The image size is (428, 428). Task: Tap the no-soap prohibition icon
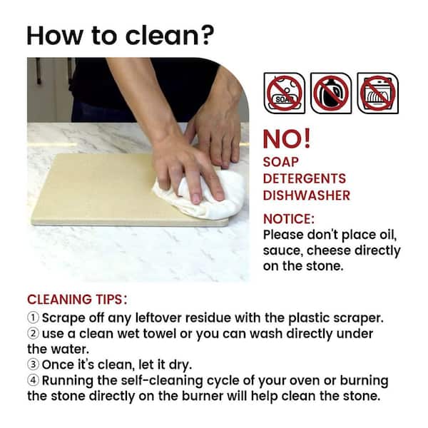pos(284,93)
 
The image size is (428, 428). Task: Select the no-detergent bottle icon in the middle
pos(331,93)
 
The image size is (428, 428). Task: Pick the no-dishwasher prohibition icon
pos(377,93)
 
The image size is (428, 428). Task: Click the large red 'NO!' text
pos(287,138)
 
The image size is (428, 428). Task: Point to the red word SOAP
pos(281,162)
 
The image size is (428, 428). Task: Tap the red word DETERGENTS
pos(305,178)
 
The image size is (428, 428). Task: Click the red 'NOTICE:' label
pos(289,218)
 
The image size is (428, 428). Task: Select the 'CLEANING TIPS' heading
pos(76,299)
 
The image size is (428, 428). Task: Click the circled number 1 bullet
pos(34,317)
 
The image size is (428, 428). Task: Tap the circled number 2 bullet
pos(34,333)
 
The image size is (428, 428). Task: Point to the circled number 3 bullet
pos(34,365)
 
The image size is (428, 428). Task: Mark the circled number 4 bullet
pos(34,380)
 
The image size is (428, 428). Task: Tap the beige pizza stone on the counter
pos(93,189)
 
